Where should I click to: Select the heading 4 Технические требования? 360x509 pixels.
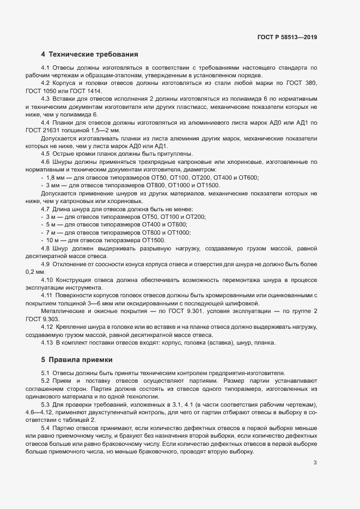click(90, 54)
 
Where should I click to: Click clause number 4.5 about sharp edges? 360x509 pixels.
click(45, 154)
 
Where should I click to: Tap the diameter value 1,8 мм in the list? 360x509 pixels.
click(56, 177)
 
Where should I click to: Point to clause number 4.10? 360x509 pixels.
click(47, 279)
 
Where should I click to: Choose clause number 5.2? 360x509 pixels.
click(45, 379)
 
